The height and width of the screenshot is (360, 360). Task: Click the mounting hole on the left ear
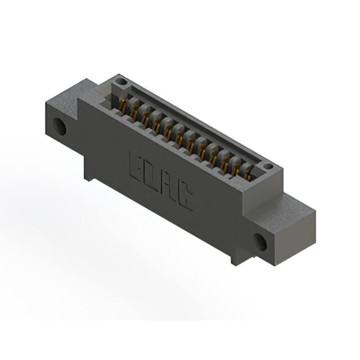tap(60, 127)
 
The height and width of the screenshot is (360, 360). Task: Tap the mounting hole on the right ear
tap(259, 242)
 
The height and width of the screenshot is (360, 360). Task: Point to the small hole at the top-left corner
tap(121, 82)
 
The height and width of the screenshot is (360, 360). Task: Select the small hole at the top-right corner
tap(268, 166)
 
